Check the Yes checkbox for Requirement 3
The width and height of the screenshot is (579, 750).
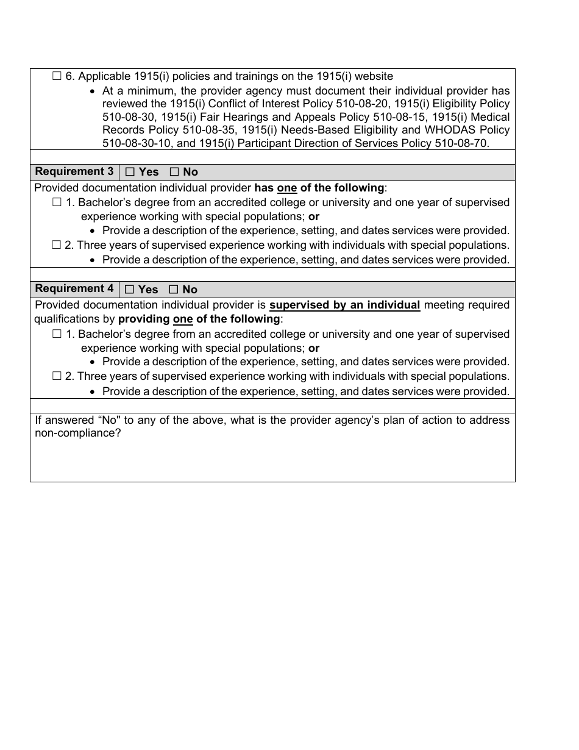click(130, 173)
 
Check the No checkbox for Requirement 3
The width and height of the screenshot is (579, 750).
click(174, 173)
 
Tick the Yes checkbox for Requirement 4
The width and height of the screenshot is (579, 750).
click(130, 290)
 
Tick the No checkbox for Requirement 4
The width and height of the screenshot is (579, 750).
click(174, 290)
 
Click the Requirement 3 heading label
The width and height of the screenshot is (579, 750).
click(74, 172)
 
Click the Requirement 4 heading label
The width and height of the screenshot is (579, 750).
click(74, 289)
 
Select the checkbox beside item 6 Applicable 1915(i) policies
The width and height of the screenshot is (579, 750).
click(57, 76)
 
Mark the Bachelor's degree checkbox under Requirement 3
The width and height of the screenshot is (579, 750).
click(57, 202)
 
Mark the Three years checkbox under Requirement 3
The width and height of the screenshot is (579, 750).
click(57, 245)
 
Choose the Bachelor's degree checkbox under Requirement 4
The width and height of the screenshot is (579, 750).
click(57, 334)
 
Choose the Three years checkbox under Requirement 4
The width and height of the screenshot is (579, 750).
click(57, 376)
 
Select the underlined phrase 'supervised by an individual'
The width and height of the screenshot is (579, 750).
click(344, 305)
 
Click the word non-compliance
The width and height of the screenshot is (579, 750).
click(77, 433)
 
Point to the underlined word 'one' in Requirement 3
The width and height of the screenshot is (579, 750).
click(286, 188)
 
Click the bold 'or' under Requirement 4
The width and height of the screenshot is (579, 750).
click(314, 348)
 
